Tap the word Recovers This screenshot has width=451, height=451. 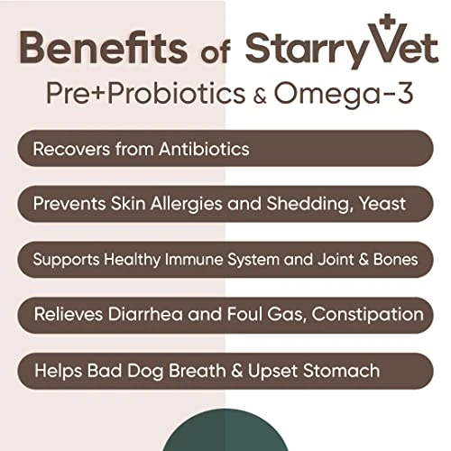[71, 148]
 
